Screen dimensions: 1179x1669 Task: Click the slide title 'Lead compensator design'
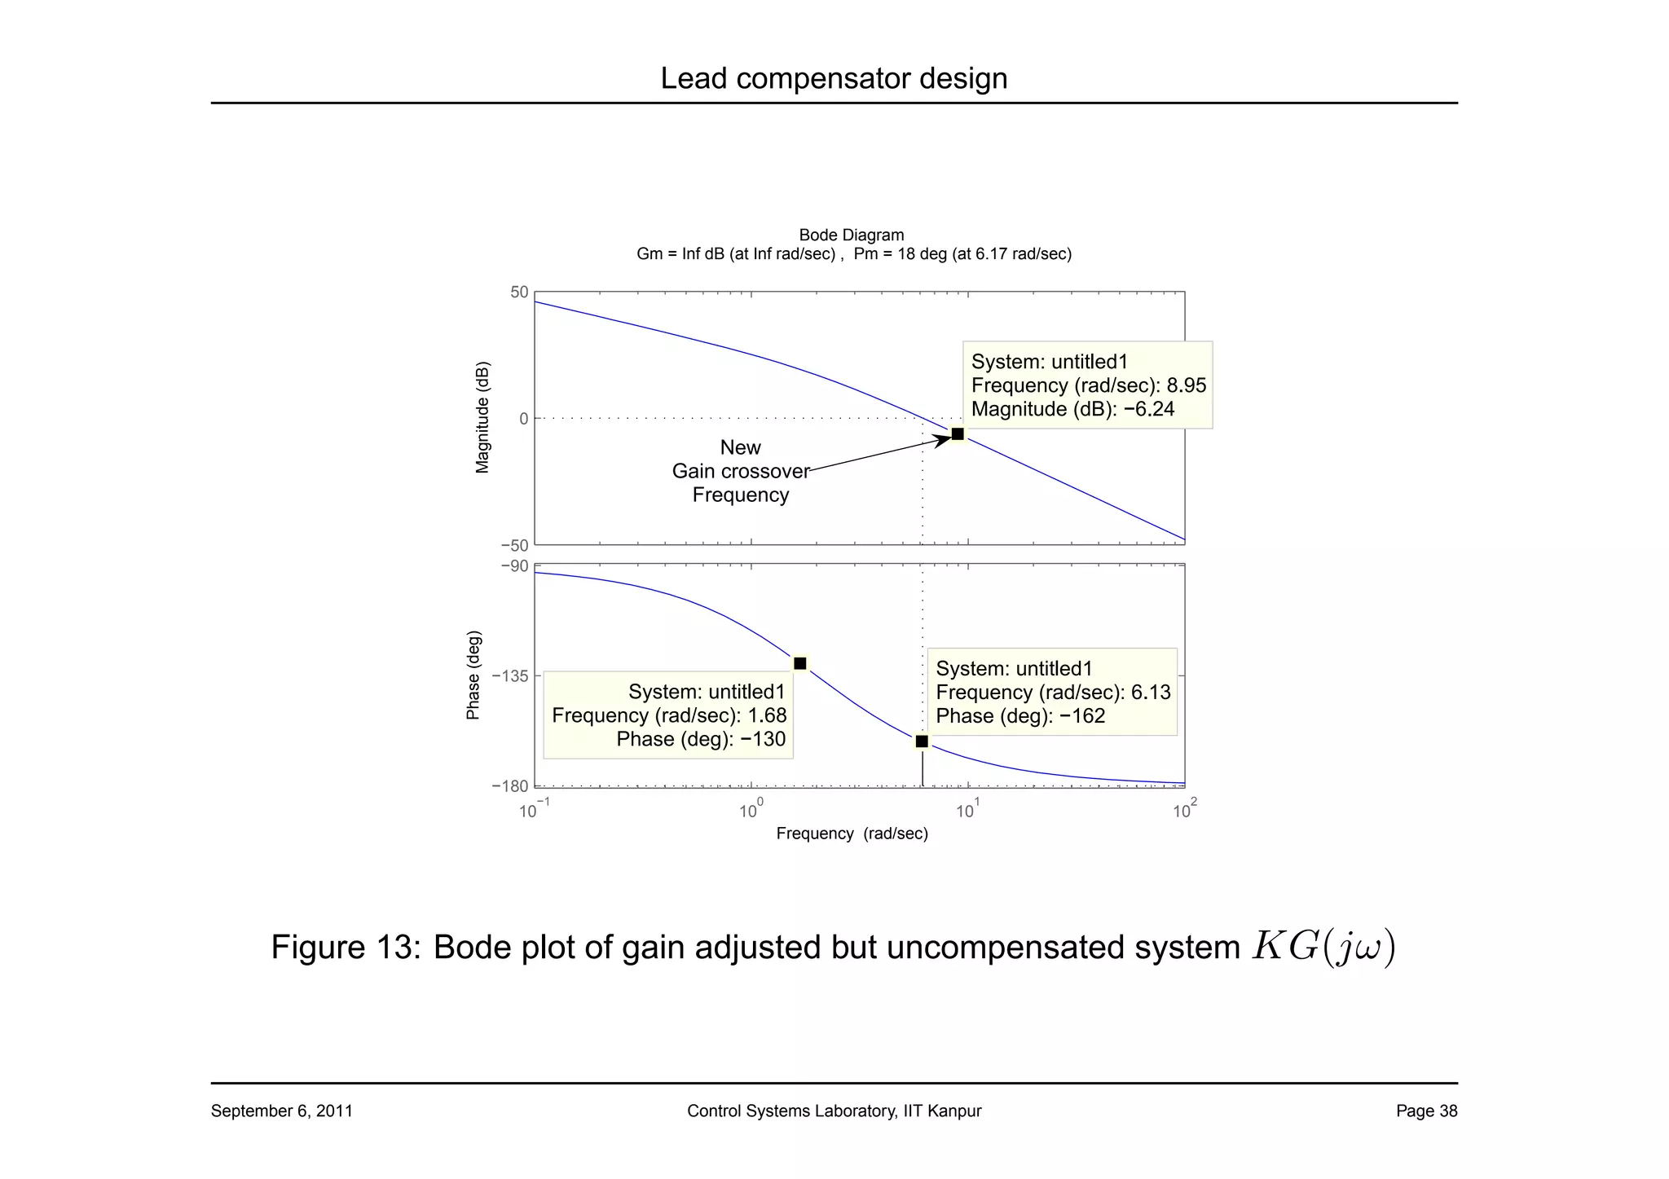(x=834, y=78)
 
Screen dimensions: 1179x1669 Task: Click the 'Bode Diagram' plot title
(x=852, y=235)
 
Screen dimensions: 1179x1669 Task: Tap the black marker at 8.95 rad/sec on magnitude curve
(x=958, y=434)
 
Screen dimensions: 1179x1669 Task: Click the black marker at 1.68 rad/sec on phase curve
(x=800, y=663)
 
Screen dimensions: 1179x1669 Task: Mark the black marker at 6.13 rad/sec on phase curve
(x=922, y=741)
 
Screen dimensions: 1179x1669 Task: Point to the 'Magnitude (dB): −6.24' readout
(x=1072, y=409)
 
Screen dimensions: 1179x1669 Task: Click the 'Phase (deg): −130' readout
(x=701, y=739)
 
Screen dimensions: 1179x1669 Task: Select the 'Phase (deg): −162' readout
(x=1020, y=716)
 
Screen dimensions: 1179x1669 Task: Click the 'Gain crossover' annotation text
(x=741, y=471)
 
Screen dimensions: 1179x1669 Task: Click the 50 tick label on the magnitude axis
(x=519, y=293)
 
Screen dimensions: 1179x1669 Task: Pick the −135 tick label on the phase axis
(x=510, y=676)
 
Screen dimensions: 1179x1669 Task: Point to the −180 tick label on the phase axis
(x=510, y=786)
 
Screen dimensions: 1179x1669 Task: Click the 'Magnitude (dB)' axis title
(x=482, y=416)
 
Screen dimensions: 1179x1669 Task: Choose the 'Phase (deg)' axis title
(x=473, y=675)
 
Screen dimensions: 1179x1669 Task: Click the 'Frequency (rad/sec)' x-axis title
(x=852, y=834)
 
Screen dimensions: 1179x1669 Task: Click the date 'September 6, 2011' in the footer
(x=282, y=1111)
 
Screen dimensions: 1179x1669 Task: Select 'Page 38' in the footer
(x=1426, y=1111)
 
